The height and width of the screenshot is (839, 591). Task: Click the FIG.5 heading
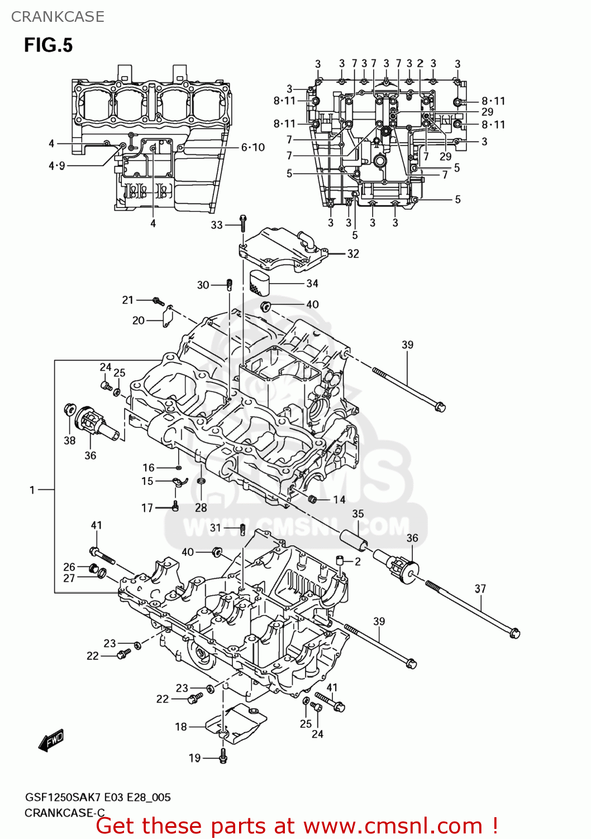click(48, 45)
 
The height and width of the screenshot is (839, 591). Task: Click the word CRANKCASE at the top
click(58, 17)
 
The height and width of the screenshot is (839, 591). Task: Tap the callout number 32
click(353, 254)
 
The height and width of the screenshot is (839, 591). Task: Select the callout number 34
click(312, 284)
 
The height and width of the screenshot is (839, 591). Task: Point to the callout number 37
click(480, 588)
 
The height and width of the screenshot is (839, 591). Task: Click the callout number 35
click(358, 513)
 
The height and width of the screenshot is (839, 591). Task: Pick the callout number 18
click(181, 727)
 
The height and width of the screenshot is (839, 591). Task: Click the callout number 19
click(194, 758)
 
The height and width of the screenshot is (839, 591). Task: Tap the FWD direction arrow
click(51, 741)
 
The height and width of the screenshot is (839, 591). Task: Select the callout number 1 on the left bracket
click(32, 490)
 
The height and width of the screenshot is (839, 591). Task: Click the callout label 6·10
click(252, 147)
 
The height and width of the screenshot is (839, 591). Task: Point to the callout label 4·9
click(57, 166)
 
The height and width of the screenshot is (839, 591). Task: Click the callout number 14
click(340, 499)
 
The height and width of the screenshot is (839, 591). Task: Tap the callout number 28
click(201, 507)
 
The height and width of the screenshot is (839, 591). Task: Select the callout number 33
click(217, 225)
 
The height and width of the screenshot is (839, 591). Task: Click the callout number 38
click(69, 441)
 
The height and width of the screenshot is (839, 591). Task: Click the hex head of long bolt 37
click(515, 633)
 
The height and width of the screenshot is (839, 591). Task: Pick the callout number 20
click(139, 320)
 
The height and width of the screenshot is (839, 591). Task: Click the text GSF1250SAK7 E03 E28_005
click(98, 798)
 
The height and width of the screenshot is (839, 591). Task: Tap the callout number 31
click(216, 527)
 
